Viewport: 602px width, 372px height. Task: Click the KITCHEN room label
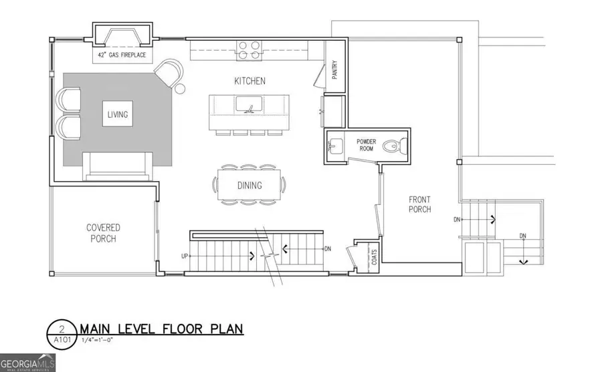[249, 81]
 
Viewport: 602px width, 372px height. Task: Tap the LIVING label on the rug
[117, 114]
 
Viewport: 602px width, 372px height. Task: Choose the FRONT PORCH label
[420, 204]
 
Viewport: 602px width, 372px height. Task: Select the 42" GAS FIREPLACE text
[120, 56]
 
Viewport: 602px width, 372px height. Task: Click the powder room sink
[336, 145]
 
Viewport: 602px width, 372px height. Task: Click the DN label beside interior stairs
[327, 249]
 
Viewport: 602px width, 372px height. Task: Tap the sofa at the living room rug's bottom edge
[116, 166]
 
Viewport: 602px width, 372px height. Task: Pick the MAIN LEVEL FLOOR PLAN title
[161, 329]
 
